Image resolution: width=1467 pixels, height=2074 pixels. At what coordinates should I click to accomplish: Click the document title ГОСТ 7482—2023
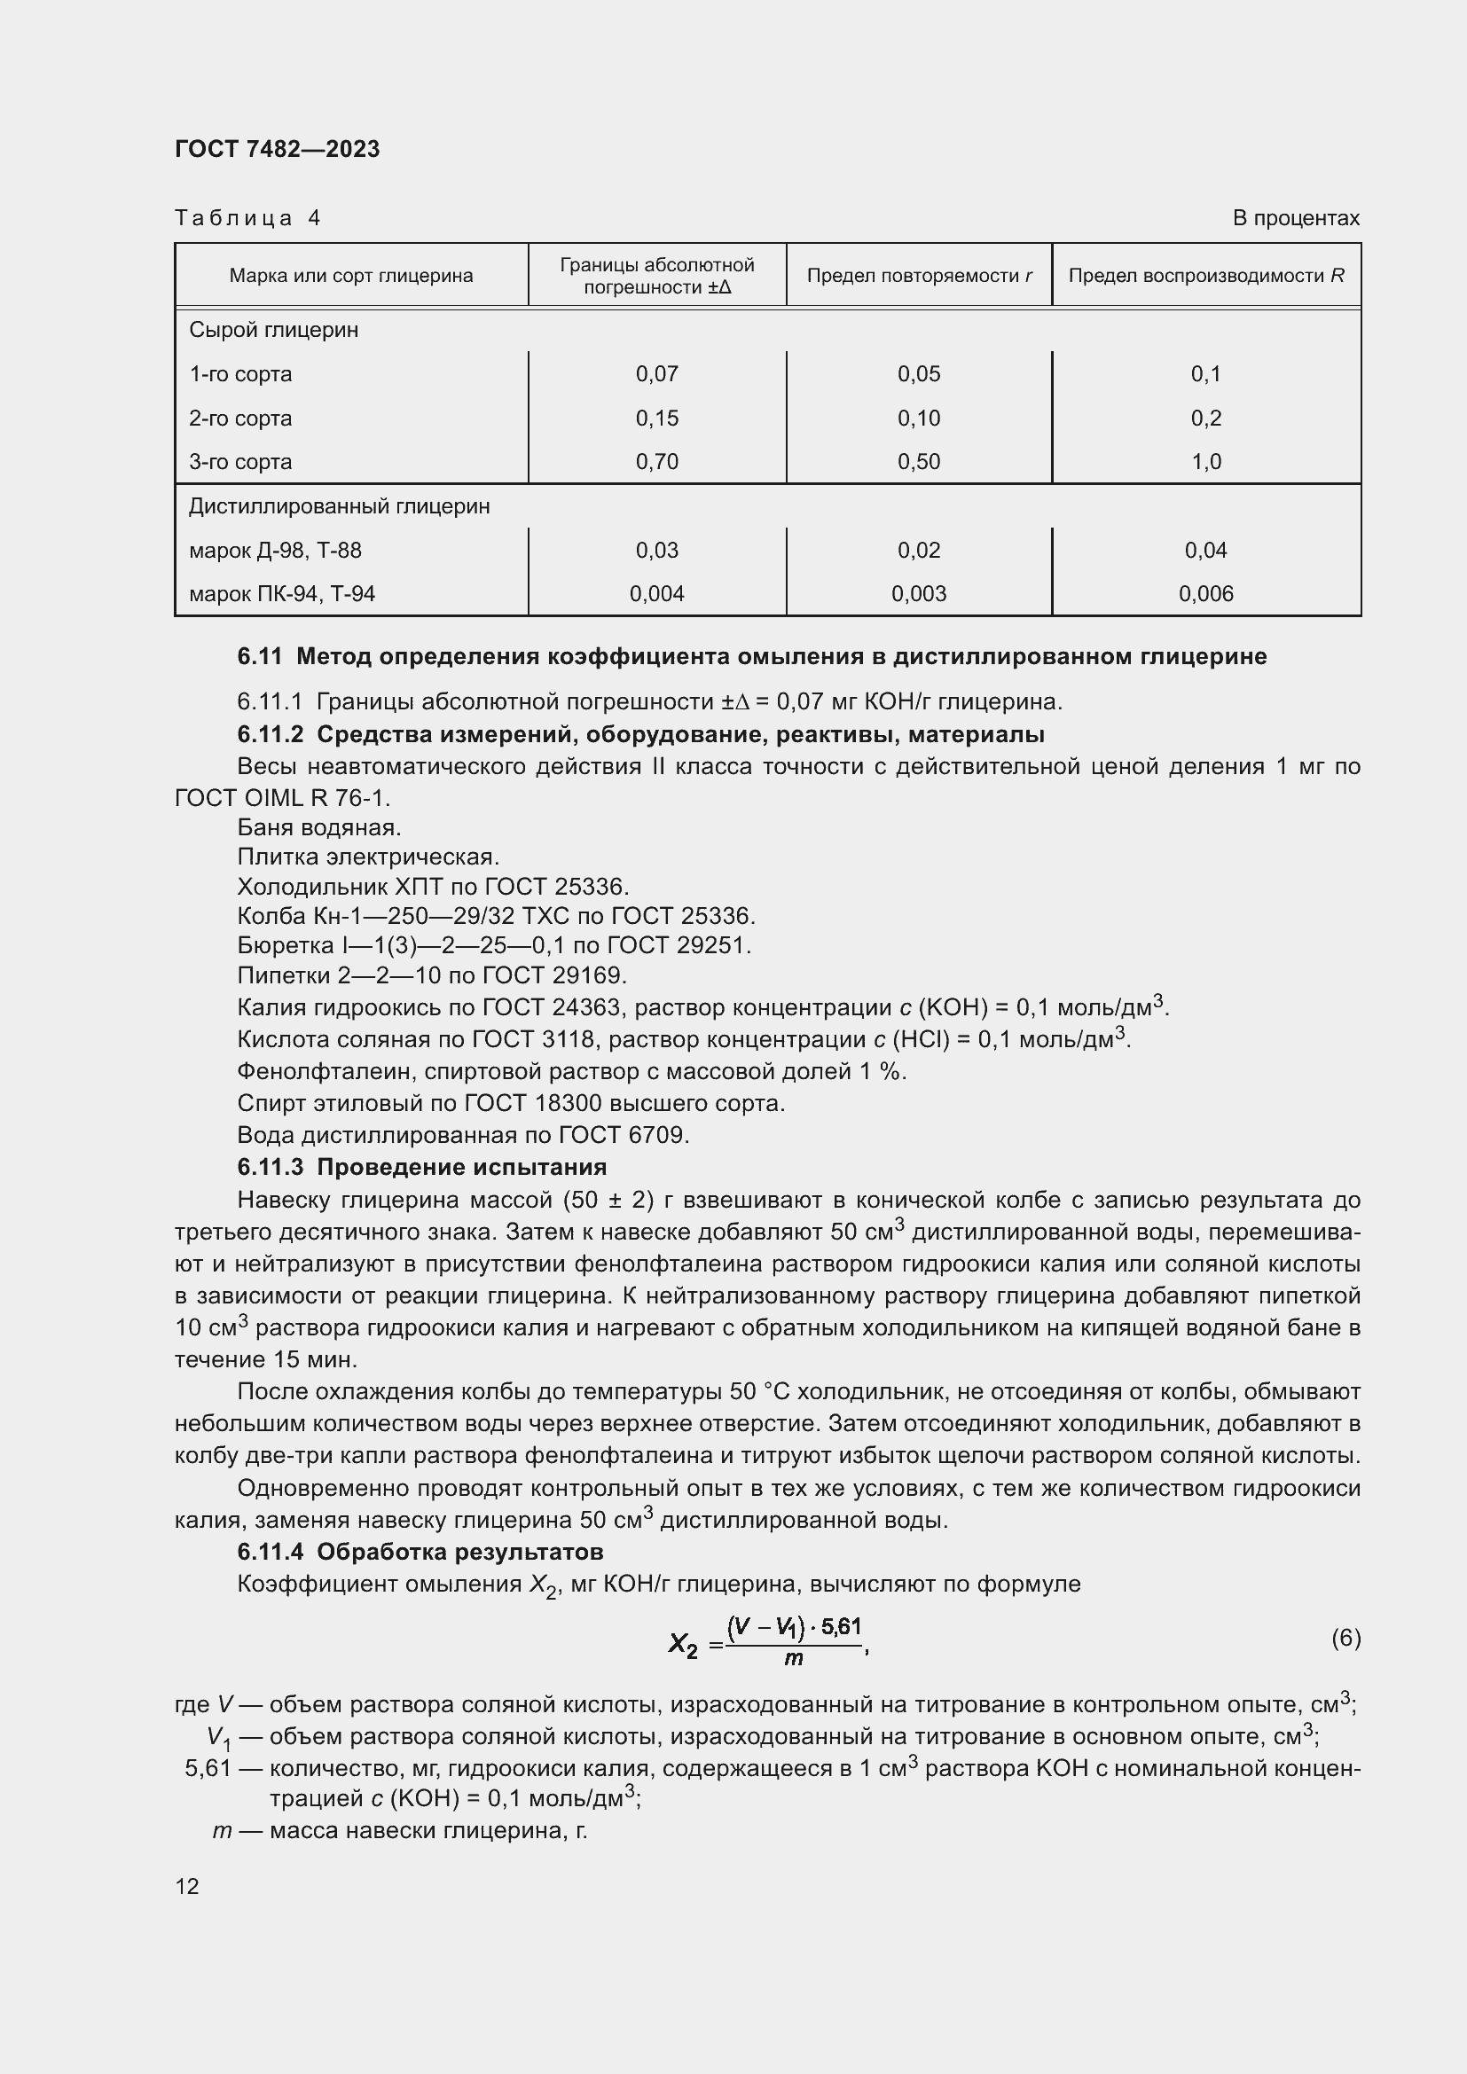click(278, 149)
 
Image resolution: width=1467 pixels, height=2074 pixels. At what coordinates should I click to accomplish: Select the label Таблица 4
click(247, 218)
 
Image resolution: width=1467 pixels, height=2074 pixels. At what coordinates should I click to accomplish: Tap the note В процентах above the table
click(1295, 218)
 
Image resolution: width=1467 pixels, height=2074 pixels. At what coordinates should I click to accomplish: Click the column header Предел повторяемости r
click(919, 276)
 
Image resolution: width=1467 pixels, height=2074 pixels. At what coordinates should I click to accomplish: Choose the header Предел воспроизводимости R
click(1206, 276)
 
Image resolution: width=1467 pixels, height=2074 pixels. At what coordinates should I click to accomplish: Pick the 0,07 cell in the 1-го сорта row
click(656, 374)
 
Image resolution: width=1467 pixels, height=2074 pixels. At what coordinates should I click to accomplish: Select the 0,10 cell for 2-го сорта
click(919, 419)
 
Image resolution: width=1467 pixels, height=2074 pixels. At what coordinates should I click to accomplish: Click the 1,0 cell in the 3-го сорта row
click(1206, 462)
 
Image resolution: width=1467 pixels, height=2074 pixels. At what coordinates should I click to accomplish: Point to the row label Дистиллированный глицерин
click(340, 505)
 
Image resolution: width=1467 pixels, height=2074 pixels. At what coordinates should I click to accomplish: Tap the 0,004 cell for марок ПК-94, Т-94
click(656, 593)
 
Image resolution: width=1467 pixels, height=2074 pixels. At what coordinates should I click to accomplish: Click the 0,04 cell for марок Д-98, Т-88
click(1206, 550)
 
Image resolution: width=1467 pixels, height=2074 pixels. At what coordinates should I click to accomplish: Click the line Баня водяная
click(319, 827)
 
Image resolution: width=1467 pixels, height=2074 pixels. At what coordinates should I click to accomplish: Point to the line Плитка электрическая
click(368, 857)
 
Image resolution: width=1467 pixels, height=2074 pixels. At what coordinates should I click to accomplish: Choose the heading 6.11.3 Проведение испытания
click(422, 1167)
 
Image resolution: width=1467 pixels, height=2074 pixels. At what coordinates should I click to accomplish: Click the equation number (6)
click(1345, 1638)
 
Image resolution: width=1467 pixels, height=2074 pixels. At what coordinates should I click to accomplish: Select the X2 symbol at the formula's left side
click(683, 1645)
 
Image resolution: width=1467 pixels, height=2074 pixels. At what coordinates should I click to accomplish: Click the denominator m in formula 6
click(793, 1659)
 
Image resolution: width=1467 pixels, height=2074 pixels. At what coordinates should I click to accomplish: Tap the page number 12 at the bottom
click(187, 1886)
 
